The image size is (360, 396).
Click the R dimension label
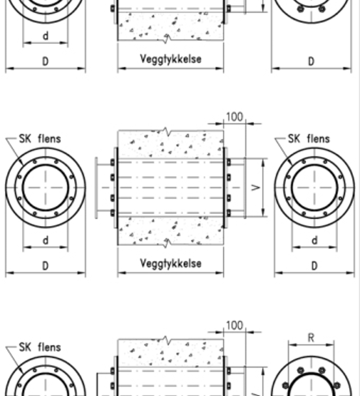[311, 338]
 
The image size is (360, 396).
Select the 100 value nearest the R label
[235, 325]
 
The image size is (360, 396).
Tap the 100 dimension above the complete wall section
[235, 117]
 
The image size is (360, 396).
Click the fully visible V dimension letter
[256, 187]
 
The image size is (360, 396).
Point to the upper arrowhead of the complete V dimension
[263, 162]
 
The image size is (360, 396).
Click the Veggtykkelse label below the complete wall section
[171, 264]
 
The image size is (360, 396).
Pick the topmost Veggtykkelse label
[171, 59]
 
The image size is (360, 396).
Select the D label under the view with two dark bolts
[311, 61]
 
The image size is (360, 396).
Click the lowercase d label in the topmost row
[45, 36]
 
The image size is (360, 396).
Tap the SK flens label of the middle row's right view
[309, 139]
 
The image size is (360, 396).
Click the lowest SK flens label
[40, 347]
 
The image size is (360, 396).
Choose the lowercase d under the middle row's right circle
[315, 240]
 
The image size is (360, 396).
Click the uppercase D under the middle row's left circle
[45, 266]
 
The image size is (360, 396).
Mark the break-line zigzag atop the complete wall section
[167, 132]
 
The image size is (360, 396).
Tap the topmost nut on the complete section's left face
[112, 162]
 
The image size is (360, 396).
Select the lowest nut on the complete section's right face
[229, 213]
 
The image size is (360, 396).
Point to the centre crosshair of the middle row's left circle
[45, 188]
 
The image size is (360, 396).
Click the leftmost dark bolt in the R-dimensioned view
[286, 386]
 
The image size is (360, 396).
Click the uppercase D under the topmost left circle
[45, 61]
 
